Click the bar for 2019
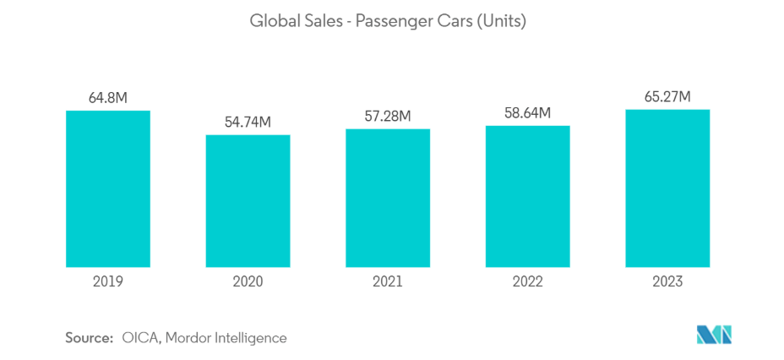coord(108,188)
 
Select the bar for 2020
coord(248,200)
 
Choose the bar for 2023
coord(667,188)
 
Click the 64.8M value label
coord(108,98)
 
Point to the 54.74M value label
coord(248,123)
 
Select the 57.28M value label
coord(388,117)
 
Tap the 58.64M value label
coord(527,113)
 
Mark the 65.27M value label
coord(667,97)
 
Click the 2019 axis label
coord(108,281)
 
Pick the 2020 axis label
coord(248,281)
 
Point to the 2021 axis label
coord(388,281)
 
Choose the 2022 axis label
coord(527,281)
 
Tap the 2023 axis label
coord(667,281)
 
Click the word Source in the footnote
coord(89,338)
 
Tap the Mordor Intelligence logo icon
coord(714,335)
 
